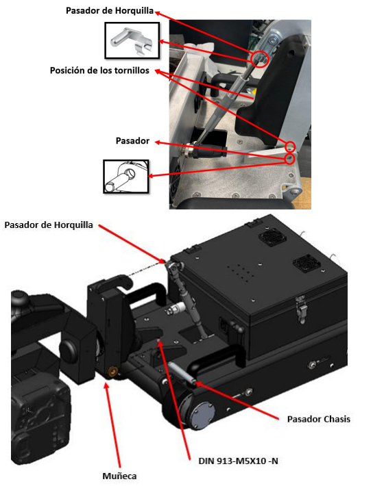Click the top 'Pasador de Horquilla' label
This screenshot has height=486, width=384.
coord(110,11)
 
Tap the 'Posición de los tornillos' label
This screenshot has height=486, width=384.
coord(99,71)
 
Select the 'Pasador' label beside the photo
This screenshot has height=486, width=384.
coord(132,141)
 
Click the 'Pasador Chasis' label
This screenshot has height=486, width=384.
coord(318,420)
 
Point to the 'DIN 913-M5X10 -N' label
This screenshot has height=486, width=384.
coord(238,461)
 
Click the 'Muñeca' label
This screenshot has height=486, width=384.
coord(119,476)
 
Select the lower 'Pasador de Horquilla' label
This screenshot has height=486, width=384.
coord(49,225)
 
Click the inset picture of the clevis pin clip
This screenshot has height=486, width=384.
coord(132,40)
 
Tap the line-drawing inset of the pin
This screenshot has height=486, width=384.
coord(126,177)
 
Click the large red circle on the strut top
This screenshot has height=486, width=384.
coord(260,59)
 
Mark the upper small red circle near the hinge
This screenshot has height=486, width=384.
coord(291,146)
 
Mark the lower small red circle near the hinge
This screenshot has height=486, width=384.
coord(289,159)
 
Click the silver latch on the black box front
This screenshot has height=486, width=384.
coord(302,309)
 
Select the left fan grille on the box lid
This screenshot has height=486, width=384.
coord(272,238)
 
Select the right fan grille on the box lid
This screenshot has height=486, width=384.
coord(307,264)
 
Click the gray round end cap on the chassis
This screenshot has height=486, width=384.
coord(203,414)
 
